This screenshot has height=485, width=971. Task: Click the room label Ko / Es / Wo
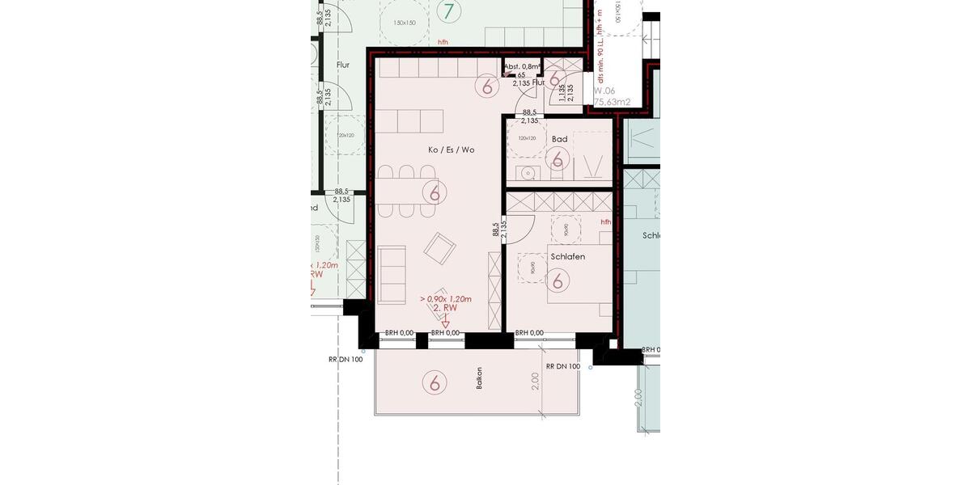point(452,150)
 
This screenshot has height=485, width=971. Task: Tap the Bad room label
point(559,139)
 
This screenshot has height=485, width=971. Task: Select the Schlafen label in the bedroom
point(567,256)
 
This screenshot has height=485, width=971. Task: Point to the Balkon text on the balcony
point(480,378)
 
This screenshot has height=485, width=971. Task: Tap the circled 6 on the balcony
point(435,382)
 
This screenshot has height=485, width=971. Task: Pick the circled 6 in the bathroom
point(557,159)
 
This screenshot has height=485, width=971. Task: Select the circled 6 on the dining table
point(435,192)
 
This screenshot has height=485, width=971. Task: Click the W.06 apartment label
point(604,91)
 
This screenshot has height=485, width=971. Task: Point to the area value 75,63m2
point(613,103)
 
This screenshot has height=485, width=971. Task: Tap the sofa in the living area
point(392,274)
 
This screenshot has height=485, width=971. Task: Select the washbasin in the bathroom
point(528,172)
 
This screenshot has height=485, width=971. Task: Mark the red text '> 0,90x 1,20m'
point(445,299)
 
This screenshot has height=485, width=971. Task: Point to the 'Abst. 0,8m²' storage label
point(522,67)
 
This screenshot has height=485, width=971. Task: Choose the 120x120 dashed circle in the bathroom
point(527,138)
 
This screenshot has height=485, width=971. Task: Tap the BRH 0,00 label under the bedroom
point(529,332)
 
